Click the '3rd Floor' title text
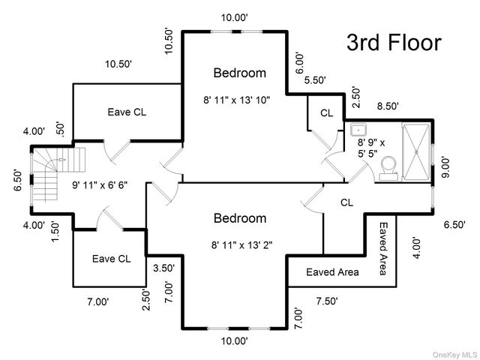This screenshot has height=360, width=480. tap(394, 43)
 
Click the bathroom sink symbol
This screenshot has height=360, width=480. tap(358, 128)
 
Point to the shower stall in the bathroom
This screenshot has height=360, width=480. tap(418, 151)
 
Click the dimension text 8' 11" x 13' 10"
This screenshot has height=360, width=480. tap(235, 99)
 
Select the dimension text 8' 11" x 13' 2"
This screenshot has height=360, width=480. tap(235, 244)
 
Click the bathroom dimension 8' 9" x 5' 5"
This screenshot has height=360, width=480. tap(372, 148)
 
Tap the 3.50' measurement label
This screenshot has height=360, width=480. tap(164, 268)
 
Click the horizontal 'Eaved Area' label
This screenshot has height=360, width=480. tap(332, 271)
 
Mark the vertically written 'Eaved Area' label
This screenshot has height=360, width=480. tap(383, 248)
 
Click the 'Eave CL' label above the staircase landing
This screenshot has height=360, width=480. tap(127, 112)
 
